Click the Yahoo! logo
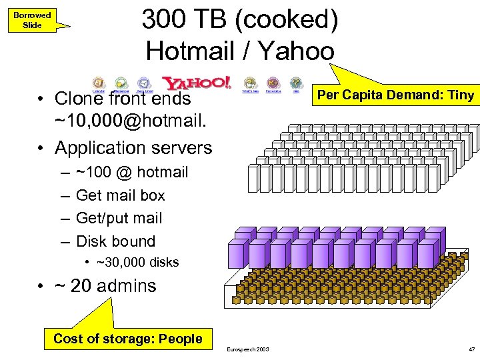click(197, 83)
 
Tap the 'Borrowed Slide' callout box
click(32, 20)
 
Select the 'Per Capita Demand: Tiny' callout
click(395, 95)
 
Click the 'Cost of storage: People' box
click(127, 339)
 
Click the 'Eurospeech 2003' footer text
click(248, 349)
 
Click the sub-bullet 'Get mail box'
click(121, 195)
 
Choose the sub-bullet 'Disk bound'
click(115, 241)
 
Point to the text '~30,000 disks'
click(137, 263)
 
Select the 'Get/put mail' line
click(119, 218)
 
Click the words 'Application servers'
click(133, 147)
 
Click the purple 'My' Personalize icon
click(273, 83)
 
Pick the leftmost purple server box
click(239, 253)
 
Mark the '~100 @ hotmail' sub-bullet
click(132, 172)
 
